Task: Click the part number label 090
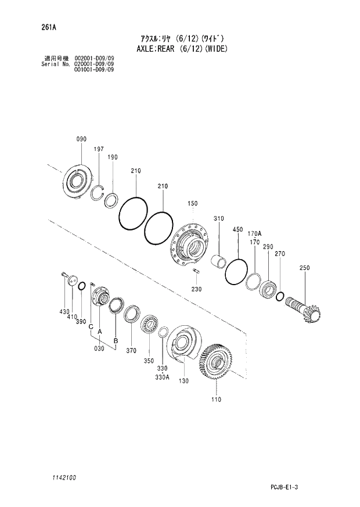81,139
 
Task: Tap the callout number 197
99,149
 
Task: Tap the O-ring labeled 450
236,271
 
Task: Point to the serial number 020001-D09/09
94,64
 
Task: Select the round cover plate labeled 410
72,281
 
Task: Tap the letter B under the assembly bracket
116,340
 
